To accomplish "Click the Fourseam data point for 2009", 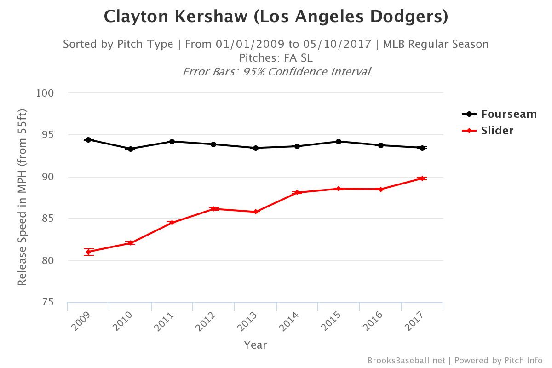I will [88, 140].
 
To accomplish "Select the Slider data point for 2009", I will [88, 252].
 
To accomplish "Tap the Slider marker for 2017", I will [422, 178].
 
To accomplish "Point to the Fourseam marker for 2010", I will [130, 149].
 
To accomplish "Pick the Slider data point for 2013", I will [255, 212].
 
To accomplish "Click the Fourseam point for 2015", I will [339, 142].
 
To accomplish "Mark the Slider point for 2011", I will [172, 223].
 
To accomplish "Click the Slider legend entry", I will [497, 131].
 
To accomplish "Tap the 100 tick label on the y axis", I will [45, 93].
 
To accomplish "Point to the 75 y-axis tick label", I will [47, 303].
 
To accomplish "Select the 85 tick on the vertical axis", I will [47, 219].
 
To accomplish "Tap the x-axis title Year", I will [255, 345].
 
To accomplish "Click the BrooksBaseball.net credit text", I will [406, 361].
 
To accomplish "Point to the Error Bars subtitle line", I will [276, 72].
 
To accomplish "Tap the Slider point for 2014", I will [297, 192].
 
